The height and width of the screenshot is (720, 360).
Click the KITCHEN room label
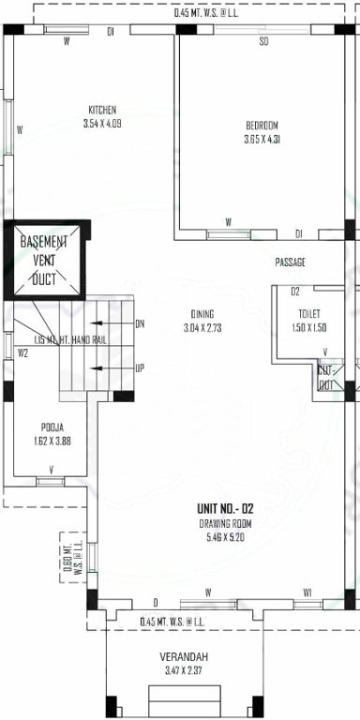102,109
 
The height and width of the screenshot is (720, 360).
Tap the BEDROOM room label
262,126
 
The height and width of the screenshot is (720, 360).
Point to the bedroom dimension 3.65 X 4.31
262,141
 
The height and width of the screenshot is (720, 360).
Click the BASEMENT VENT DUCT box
45,260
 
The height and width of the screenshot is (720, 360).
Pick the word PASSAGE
291,262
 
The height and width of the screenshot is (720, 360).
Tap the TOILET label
309,313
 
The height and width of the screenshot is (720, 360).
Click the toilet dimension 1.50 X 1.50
309,327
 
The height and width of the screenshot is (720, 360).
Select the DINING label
200,313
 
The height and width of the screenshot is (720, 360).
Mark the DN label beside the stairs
140,323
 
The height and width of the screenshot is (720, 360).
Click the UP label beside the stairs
140,367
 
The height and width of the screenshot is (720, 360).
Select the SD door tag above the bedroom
263,42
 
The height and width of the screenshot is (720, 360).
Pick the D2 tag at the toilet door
294,292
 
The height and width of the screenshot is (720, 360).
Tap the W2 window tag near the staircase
22,352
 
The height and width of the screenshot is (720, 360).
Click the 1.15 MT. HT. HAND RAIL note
70,339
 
